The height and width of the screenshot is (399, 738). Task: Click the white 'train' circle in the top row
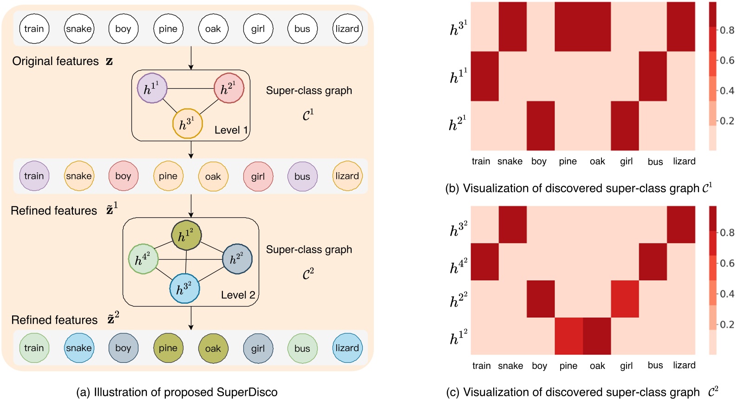(x=34, y=29)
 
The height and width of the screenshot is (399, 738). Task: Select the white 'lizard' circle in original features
(x=347, y=29)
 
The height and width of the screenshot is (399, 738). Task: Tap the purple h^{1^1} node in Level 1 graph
(x=152, y=88)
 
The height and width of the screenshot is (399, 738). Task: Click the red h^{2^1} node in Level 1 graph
(x=229, y=88)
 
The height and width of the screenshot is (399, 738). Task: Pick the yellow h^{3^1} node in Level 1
(x=187, y=124)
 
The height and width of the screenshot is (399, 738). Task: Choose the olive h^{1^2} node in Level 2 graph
(x=186, y=235)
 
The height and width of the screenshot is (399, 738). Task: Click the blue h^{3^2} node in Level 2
(x=184, y=288)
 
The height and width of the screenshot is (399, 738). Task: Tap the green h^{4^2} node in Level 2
(x=143, y=259)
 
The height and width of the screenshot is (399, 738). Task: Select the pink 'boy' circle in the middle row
(x=123, y=176)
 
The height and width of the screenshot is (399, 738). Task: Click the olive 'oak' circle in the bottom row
(x=213, y=348)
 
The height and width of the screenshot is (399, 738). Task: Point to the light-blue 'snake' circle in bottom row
(x=79, y=348)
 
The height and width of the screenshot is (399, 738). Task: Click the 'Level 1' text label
(x=231, y=130)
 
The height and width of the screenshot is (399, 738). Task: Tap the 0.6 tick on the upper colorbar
(x=726, y=60)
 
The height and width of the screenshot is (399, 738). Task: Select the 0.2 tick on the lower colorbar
(x=726, y=324)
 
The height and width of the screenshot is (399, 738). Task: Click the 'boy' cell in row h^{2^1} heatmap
(x=540, y=125)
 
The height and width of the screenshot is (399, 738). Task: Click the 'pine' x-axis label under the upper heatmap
(x=568, y=161)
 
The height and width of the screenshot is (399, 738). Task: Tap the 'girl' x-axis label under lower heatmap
(x=626, y=366)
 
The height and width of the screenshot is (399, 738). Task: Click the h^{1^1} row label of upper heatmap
(x=458, y=76)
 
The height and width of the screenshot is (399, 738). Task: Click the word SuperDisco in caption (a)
(x=251, y=392)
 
